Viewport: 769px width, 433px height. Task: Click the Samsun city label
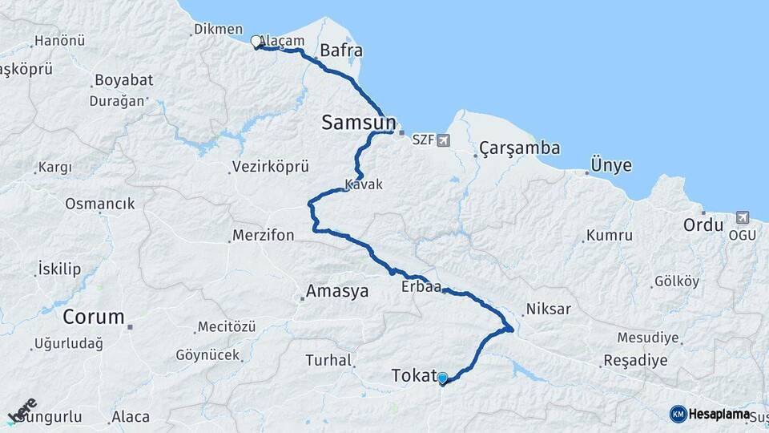tap(358, 123)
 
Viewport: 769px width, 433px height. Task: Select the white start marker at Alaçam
tap(256, 41)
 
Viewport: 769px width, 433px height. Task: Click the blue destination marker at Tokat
tap(442, 377)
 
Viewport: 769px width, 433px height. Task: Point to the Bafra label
tap(341, 51)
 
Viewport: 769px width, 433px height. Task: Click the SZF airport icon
tap(443, 140)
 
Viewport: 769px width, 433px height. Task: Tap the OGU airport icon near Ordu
tap(742, 217)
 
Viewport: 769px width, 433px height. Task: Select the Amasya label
tap(337, 292)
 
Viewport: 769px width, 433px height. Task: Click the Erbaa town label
tap(421, 287)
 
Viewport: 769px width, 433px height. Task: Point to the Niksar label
tap(548, 309)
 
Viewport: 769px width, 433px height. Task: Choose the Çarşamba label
tap(520, 148)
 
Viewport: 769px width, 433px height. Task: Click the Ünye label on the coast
tap(611, 166)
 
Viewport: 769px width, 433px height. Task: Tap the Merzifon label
tap(264, 236)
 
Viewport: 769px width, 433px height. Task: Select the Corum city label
tap(94, 316)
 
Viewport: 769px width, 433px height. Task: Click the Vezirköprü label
tap(270, 167)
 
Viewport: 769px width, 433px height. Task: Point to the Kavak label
tap(364, 184)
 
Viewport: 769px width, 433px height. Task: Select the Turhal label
tap(328, 361)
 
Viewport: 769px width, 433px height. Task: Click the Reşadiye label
tap(635, 360)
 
